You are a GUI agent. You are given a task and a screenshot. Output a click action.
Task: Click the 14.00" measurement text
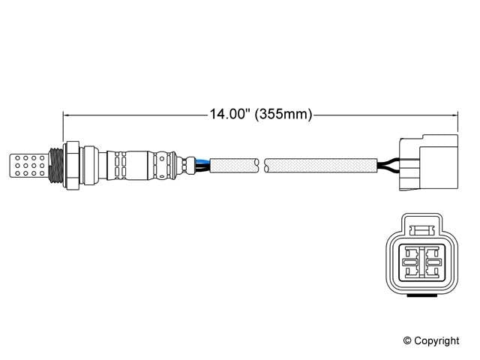(229, 115)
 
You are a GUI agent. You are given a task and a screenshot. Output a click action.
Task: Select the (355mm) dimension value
(283, 115)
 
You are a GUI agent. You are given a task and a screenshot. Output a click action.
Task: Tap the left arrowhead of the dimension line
(67, 115)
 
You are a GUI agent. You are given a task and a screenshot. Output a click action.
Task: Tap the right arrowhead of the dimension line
(454, 115)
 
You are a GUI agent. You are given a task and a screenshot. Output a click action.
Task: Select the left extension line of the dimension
(62, 127)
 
